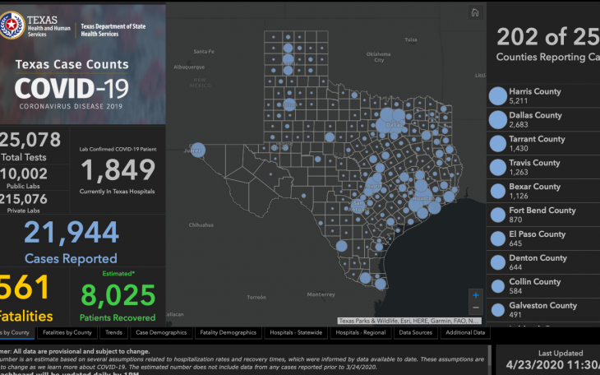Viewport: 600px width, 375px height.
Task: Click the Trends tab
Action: point(113,333)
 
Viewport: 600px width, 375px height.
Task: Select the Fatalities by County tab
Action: point(67,333)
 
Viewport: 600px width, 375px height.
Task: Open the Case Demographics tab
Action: point(161,333)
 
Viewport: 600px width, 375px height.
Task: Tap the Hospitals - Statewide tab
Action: point(297,333)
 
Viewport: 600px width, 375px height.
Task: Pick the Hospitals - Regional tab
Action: point(360,333)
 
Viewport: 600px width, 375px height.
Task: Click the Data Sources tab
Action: point(416,333)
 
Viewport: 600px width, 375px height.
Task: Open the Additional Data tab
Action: point(465,333)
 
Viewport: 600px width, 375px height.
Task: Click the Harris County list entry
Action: point(535,96)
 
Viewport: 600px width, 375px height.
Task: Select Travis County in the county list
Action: point(534,168)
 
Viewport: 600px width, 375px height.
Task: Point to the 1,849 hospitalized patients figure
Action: point(118,170)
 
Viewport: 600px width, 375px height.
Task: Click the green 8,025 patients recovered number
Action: point(118,294)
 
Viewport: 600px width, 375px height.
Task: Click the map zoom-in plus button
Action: point(475,294)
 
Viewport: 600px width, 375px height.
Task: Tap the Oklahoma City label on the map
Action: point(378,57)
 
